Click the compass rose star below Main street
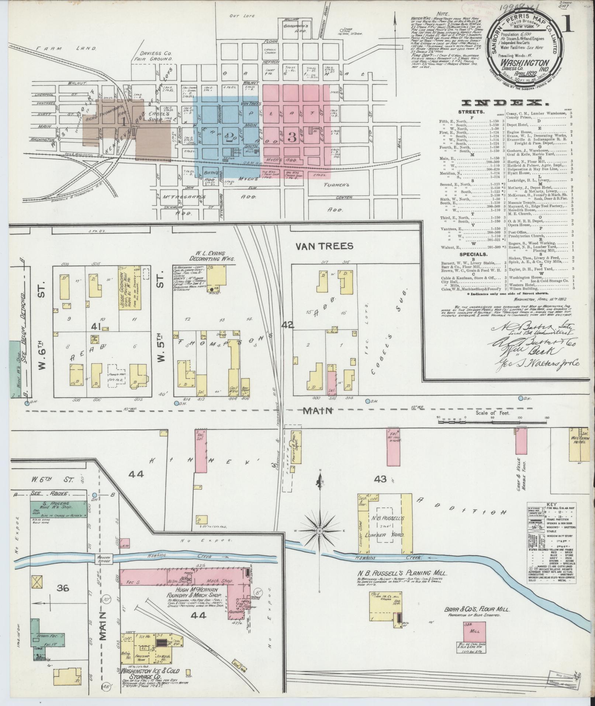point(320,531)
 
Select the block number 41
point(97,326)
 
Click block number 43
point(380,479)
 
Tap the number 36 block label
point(63,588)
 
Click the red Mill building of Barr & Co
point(475,631)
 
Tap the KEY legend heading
point(551,504)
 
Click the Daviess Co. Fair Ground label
point(155,56)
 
